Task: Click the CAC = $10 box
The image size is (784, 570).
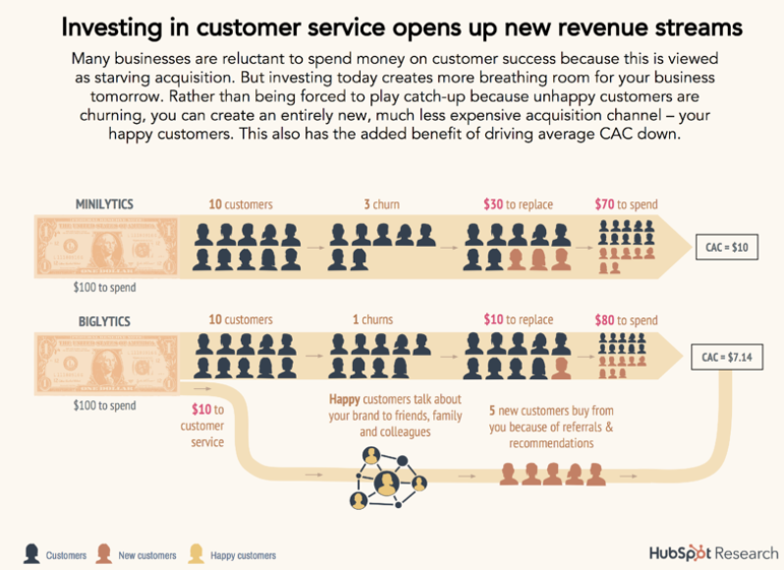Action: point(726,247)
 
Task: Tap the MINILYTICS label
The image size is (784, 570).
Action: point(104,204)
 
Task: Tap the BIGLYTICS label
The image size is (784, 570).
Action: point(104,319)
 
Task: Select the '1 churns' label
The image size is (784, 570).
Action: point(377,319)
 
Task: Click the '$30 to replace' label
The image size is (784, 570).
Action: point(518,204)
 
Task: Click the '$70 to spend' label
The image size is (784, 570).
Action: point(626,204)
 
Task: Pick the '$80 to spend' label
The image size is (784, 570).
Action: point(626,320)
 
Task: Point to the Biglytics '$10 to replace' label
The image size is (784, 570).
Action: point(518,320)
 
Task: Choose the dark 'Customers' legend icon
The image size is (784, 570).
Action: point(31,553)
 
